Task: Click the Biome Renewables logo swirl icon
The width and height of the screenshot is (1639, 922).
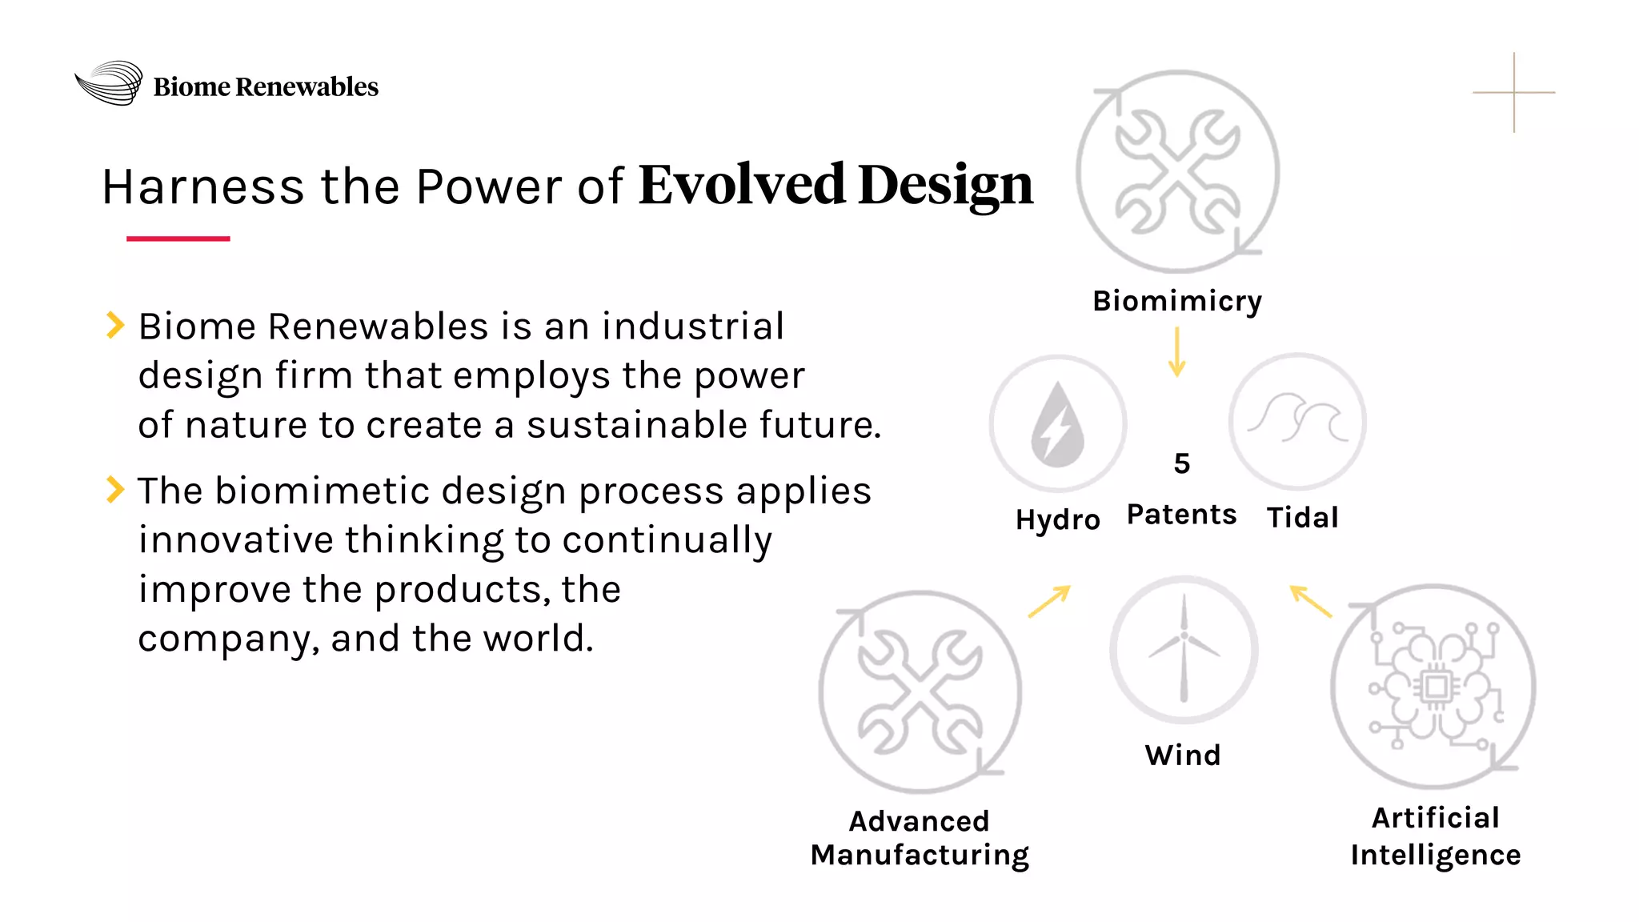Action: [109, 83]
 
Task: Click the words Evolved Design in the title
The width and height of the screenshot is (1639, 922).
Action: [836, 186]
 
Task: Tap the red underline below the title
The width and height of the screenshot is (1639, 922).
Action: [178, 239]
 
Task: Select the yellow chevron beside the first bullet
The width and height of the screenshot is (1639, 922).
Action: [115, 325]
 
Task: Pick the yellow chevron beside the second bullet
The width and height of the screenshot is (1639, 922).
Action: [115, 489]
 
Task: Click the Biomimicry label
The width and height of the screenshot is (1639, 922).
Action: [1177, 301]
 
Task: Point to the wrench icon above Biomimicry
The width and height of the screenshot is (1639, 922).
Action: [1177, 171]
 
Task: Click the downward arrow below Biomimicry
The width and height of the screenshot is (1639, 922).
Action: [1176, 352]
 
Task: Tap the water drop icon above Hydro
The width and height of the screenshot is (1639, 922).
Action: [1058, 423]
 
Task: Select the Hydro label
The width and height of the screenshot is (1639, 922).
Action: [1058, 519]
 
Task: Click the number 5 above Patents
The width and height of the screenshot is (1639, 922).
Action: [1182, 463]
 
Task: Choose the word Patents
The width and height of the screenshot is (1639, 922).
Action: [1182, 515]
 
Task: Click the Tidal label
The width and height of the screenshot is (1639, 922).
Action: [1302, 518]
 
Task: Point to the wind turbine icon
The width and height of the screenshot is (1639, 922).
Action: [1184, 649]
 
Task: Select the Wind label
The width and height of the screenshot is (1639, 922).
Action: [1183, 755]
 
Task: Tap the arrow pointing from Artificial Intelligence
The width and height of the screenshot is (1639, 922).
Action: [1310, 601]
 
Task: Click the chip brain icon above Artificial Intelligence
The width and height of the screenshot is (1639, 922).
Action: [1433, 687]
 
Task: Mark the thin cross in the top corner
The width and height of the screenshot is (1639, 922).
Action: [1513, 93]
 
